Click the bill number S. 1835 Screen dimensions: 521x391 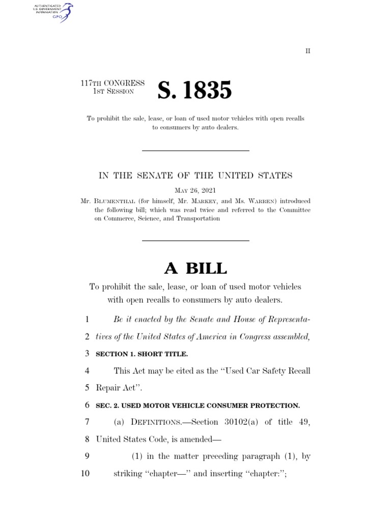194,91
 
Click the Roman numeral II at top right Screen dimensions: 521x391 308,51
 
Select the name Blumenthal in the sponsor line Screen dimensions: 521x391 115,200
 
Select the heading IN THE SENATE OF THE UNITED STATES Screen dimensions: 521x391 195,176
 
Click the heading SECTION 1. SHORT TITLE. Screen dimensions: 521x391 142,353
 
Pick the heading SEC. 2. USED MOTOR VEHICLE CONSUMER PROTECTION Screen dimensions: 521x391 198,406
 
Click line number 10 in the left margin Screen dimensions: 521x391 85,474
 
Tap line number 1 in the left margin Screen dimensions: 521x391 87,320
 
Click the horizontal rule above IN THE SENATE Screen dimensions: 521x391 195,151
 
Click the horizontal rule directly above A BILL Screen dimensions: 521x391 195,240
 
